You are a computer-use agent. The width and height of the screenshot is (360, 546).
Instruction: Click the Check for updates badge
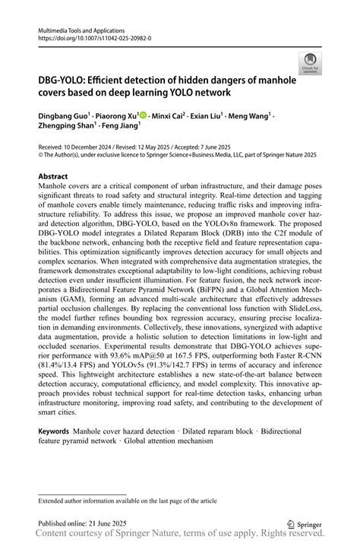click(x=310, y=64)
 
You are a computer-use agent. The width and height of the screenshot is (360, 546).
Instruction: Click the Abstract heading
click(x=52, y=175)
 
